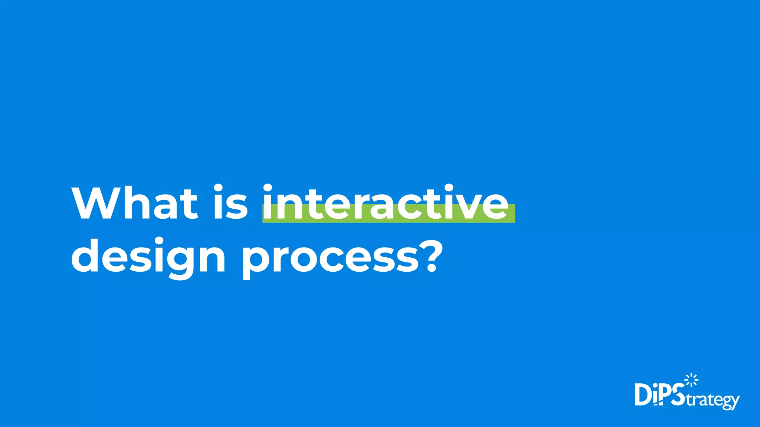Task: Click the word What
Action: tap(135, 203)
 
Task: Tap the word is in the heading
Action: tap(230, 203)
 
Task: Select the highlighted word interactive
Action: tap(386, 203)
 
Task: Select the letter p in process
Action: tap(256, 259)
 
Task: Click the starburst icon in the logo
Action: tap(691, 380)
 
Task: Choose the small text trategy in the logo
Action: tap(712, 400)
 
